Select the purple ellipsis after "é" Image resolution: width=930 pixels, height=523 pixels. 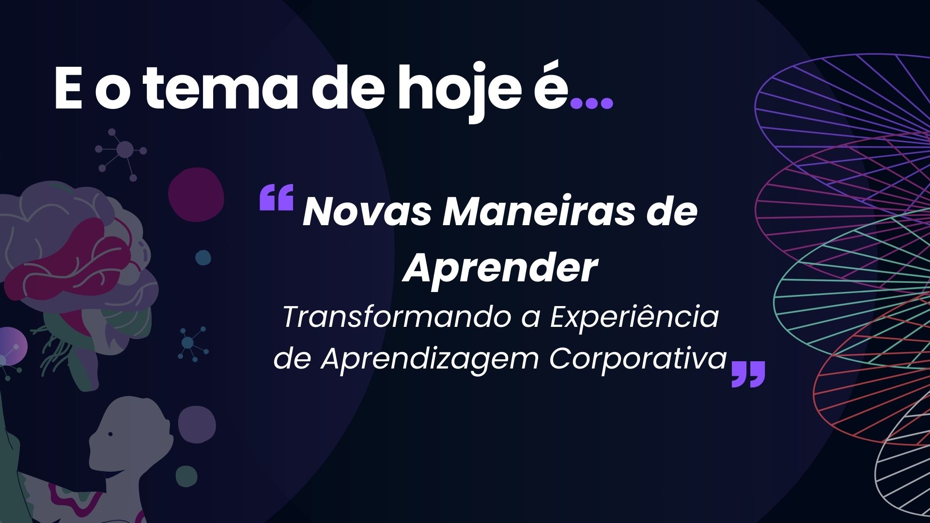[592, 102]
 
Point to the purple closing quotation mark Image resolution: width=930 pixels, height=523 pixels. [748, 374]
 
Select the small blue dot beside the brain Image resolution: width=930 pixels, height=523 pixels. [203, 258]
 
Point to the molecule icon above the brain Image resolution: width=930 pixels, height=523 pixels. [124, 150]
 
